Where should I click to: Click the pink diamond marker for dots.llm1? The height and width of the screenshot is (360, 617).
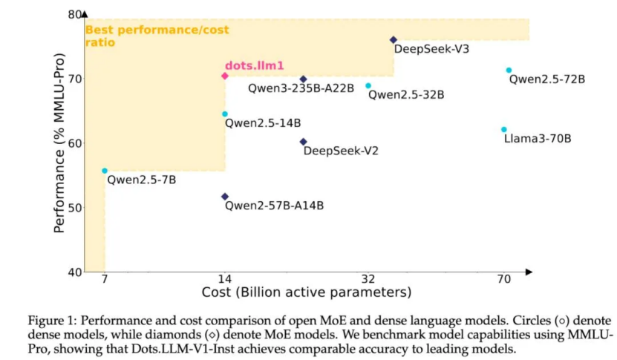click(x=224, y=76)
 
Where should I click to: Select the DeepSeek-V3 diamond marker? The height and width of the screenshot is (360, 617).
click(x=394, y=40)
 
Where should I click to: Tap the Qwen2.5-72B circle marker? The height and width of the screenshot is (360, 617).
click(x=509, y=71)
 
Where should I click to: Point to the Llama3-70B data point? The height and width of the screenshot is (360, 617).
click(x=503, y=129)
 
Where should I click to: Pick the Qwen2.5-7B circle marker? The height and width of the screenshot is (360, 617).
click(x=105, y=171)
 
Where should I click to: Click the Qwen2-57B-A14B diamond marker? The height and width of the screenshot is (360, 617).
click(x=224, y=197)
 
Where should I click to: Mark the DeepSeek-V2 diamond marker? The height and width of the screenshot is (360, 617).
click(x=303, y=142)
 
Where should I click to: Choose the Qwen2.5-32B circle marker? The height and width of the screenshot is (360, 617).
click(x=368, y=85)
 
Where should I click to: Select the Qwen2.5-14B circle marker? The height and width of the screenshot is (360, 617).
click(x=224, y=114)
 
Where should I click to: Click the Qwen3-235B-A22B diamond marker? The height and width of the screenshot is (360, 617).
click(x=303, y=79)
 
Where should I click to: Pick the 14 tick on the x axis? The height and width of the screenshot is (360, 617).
click(x=224, y=279)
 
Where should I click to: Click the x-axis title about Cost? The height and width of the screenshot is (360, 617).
click(x=306, y=292)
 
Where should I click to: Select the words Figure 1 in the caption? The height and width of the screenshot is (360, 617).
click(x=52, y=320)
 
